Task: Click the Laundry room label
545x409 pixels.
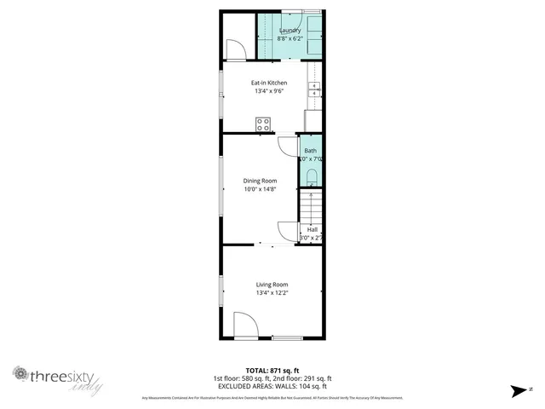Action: (290, 31)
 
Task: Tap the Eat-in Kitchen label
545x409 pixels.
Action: (268, 83)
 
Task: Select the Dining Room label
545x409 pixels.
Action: (260, 181)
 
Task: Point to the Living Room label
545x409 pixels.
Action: (272, 285)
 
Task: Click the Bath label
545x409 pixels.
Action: (310, 151)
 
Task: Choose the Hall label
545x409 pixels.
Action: (312, 230)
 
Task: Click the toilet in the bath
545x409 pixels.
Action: (312, 177)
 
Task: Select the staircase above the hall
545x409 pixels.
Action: (311, 206)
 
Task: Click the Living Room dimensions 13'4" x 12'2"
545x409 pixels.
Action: (272, 293)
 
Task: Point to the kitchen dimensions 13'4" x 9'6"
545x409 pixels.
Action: (268, 91)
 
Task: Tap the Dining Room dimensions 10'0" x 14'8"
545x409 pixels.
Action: (260, 189)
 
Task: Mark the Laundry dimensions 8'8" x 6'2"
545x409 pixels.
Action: (290, 39)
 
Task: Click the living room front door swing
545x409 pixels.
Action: (244, 326)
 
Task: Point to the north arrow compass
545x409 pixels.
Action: (519, 391)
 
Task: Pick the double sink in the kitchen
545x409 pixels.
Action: (315, 89)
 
